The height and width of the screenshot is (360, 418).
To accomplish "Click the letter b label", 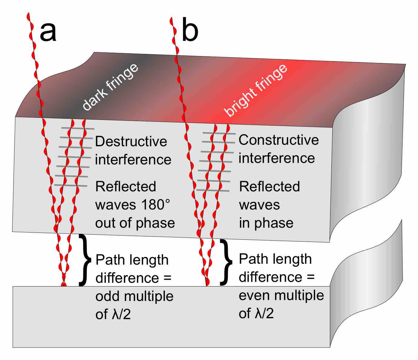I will pos(190,31).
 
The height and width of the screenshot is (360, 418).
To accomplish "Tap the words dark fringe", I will pos(111,87).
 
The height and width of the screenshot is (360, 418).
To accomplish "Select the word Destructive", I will pos(131,141).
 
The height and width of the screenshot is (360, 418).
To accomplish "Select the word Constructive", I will pos(279,140).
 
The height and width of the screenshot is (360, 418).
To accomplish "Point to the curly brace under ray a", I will pos(85,260).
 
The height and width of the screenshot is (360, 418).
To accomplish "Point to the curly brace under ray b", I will pos(226,262).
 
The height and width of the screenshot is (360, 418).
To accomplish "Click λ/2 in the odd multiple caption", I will pos(121,314).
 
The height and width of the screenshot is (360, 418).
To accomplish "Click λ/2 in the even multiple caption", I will pos(264,313).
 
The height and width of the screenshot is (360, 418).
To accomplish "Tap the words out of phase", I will pos(135,223).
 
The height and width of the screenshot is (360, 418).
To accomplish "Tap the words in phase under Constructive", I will pos(266,223).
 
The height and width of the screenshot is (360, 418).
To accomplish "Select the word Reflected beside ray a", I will pos(126,187).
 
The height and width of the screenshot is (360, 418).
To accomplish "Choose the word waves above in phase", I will pos(260,205).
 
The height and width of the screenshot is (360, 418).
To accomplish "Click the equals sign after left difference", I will pos(167,278).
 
